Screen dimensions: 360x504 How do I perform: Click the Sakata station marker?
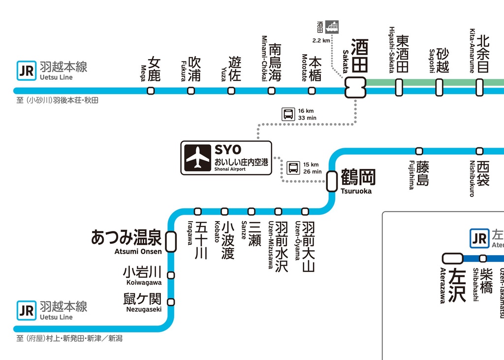pos(355,88)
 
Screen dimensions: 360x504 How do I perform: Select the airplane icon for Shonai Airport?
pos(198,158)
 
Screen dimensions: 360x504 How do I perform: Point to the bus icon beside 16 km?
pos(288,114)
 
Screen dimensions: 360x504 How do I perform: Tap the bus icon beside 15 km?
pos(293,168)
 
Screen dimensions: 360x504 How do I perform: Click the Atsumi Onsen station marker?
pos(171,241)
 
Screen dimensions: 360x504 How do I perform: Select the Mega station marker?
pos(151,91)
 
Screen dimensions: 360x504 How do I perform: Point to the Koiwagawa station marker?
pos(171,275)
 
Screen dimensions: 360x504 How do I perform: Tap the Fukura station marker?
pos(191,91)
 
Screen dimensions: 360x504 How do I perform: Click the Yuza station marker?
pos(231,91)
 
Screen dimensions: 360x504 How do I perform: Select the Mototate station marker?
pos(312,91)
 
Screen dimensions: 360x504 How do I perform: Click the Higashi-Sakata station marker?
pos(399,87)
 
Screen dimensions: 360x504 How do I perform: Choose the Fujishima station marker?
pos(419,151)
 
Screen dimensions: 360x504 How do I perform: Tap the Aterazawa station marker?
pos(452,259)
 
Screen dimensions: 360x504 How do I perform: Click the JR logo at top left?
pos(26,70)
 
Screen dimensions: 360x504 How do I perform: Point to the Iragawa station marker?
pos(197,211)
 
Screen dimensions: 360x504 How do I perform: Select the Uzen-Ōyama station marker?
pos(305,211)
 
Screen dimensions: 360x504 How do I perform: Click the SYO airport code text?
pos(228,150)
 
